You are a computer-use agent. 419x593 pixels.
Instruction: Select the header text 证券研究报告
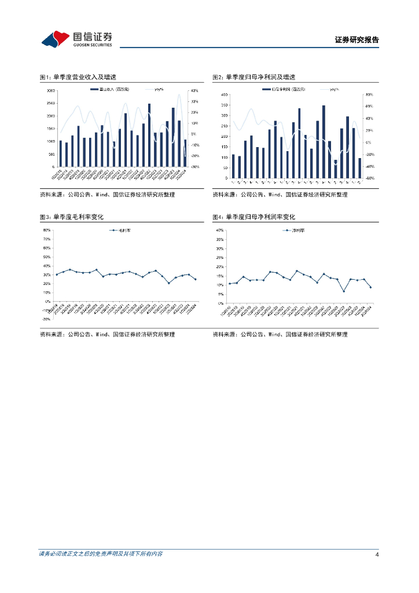tap(356, 41)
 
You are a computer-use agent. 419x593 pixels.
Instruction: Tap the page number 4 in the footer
tap(377, 554)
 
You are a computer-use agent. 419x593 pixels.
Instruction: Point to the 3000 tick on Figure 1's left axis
tap(51, 91)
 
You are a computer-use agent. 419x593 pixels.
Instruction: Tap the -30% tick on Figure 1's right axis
tap(194, 167)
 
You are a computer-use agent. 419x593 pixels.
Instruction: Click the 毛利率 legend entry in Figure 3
tap(122, 230)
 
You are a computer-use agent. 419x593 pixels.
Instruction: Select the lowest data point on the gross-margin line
tap(169, 283)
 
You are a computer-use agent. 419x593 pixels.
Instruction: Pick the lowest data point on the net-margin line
tap(344, 291)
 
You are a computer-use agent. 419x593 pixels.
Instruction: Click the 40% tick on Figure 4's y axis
tap(219, 230)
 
